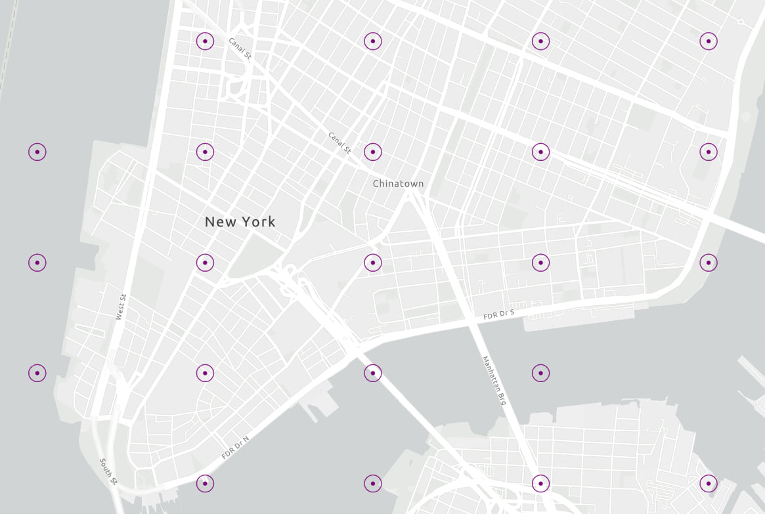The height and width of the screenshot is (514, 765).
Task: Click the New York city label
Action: [x=240, y=222]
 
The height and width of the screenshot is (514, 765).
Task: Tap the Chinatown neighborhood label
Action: [x=398, y=184]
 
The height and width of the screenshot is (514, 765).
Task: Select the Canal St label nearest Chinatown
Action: [x=339, y=142]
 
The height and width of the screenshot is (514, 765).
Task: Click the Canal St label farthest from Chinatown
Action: [x=240, y=49]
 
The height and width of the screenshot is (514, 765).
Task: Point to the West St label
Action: [x=120, y=307]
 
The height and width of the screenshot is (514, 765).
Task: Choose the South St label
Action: [x=108, y=471]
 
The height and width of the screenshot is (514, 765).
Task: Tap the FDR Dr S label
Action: [x=499, y=315]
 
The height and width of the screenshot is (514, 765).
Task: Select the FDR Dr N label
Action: [x=235, y=447]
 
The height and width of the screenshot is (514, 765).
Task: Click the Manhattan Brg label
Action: [x=494, y=380]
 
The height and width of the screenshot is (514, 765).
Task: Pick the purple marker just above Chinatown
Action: [x=372, y=152]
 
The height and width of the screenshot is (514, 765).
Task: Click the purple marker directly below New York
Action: [x=205, y=263]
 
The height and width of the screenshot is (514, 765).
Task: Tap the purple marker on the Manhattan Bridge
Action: [x=540, y=484]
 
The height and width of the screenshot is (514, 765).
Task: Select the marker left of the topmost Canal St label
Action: [x=205, y=41]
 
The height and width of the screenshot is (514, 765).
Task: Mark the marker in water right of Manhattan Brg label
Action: [x=540, y=373]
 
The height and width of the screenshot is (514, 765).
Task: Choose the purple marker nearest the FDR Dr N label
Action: [x=205, y=484]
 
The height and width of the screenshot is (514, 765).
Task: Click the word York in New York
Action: [x=259, y=222]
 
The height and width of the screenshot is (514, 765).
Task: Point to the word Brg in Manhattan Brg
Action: [x=502, y=398]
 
